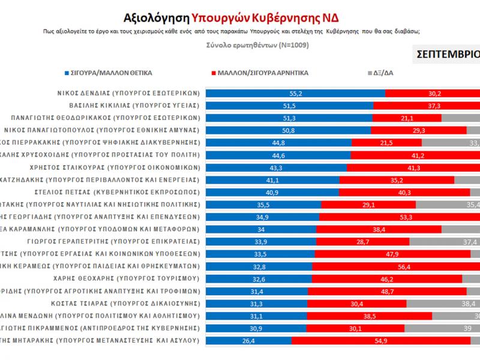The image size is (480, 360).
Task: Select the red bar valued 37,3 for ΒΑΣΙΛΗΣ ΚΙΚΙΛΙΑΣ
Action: pyautogui.click(x=426, y=105)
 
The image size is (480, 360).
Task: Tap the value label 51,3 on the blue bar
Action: pyautogui.click(x=290, y=117)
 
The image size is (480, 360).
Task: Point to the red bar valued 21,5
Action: pyautogui.click(x=386, y=142)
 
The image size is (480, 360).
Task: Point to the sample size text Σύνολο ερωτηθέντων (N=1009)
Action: pyautogui.click(x=239, y=44)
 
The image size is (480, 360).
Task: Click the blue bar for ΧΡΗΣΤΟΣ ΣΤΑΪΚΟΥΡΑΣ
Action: pyautogui.click(x=277, y=166)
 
